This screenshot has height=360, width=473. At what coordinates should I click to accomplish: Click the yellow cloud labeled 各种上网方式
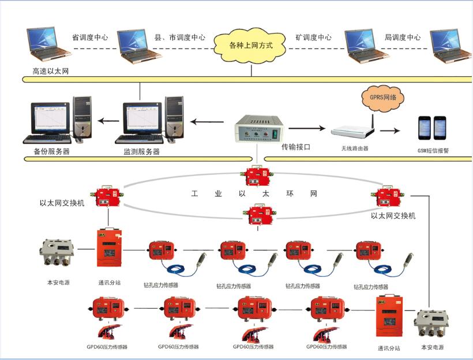tap(250, 46)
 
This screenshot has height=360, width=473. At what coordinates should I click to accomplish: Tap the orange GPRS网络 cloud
tap(383, 97)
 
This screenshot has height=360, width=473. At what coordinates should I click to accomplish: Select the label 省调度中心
tap(90, 37)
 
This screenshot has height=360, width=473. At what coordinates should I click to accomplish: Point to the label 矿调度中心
tap(313, 37)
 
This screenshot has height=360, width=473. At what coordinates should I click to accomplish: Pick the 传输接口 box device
tap(259, 129)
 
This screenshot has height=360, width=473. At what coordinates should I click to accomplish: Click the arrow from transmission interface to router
tap(307, 128)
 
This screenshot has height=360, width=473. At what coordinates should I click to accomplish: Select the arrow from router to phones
tap(390, 130)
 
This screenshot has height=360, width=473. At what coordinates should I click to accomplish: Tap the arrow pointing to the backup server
tap(108, 121)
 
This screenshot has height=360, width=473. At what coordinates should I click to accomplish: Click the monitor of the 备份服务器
tap(50, 119)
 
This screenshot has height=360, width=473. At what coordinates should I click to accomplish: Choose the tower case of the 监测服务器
tap(174, 118)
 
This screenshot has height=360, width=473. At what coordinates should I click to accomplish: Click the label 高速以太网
tap(51, 71)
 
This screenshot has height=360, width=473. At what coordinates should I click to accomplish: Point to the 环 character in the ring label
tap(290, 193)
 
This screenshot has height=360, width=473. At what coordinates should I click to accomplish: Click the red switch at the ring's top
tap(257, 177)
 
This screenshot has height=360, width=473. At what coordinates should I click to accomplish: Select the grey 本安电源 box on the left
tap(57, 252)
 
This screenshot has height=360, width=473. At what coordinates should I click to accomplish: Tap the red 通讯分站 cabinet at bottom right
tap(389, 317)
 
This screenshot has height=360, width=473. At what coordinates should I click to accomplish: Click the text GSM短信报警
tap(433, 151)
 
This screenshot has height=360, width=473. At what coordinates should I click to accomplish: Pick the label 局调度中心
tap(403, 37)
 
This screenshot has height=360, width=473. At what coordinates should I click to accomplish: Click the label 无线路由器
tap(355, 148)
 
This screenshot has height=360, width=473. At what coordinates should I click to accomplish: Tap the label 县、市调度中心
tap(180, 37)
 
